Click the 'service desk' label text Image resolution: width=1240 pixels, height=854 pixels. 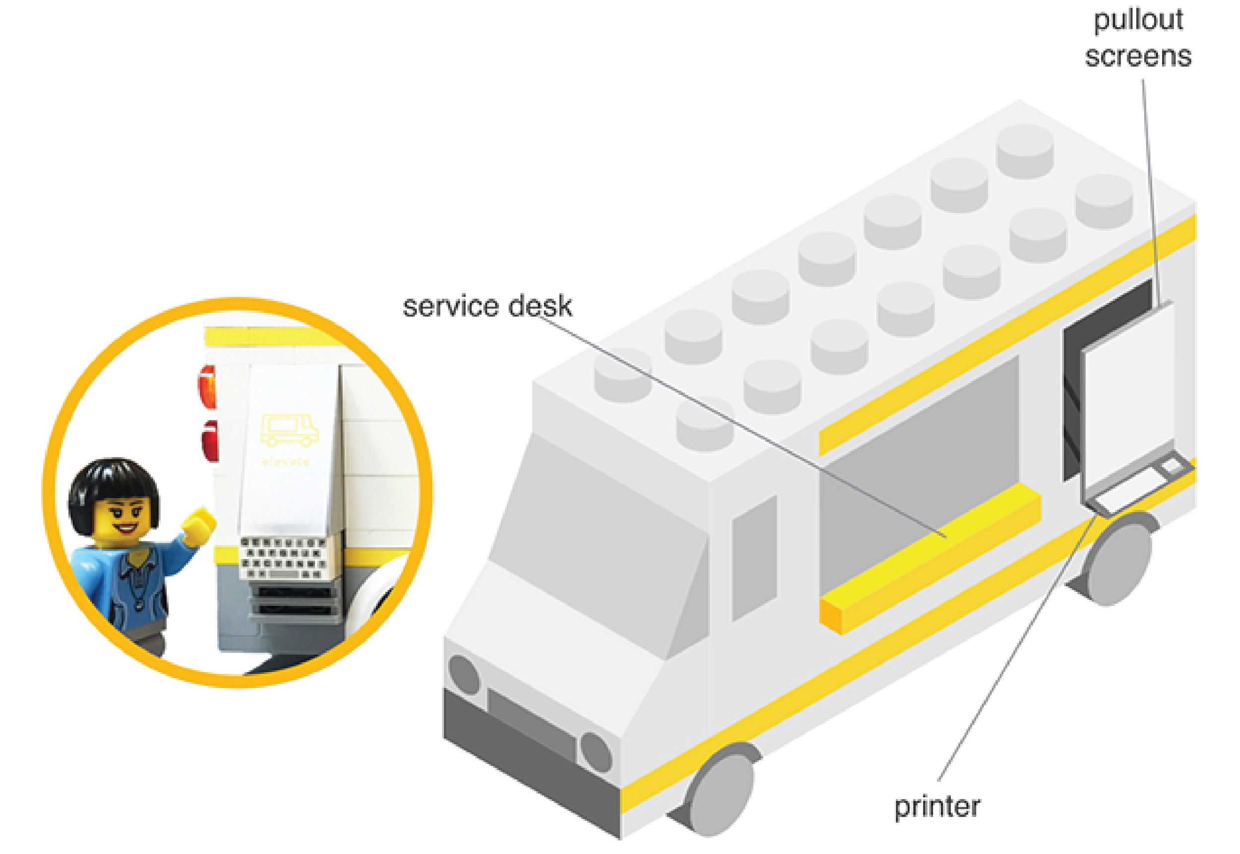[x=487, y=307]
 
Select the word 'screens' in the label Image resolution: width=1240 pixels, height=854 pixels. [x=1138, y=57]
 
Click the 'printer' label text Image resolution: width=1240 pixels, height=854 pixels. [x=937, y=806]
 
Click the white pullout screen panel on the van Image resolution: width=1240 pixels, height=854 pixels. [x=1127, y=396]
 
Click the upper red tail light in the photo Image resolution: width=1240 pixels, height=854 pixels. [x=208, y=386]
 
